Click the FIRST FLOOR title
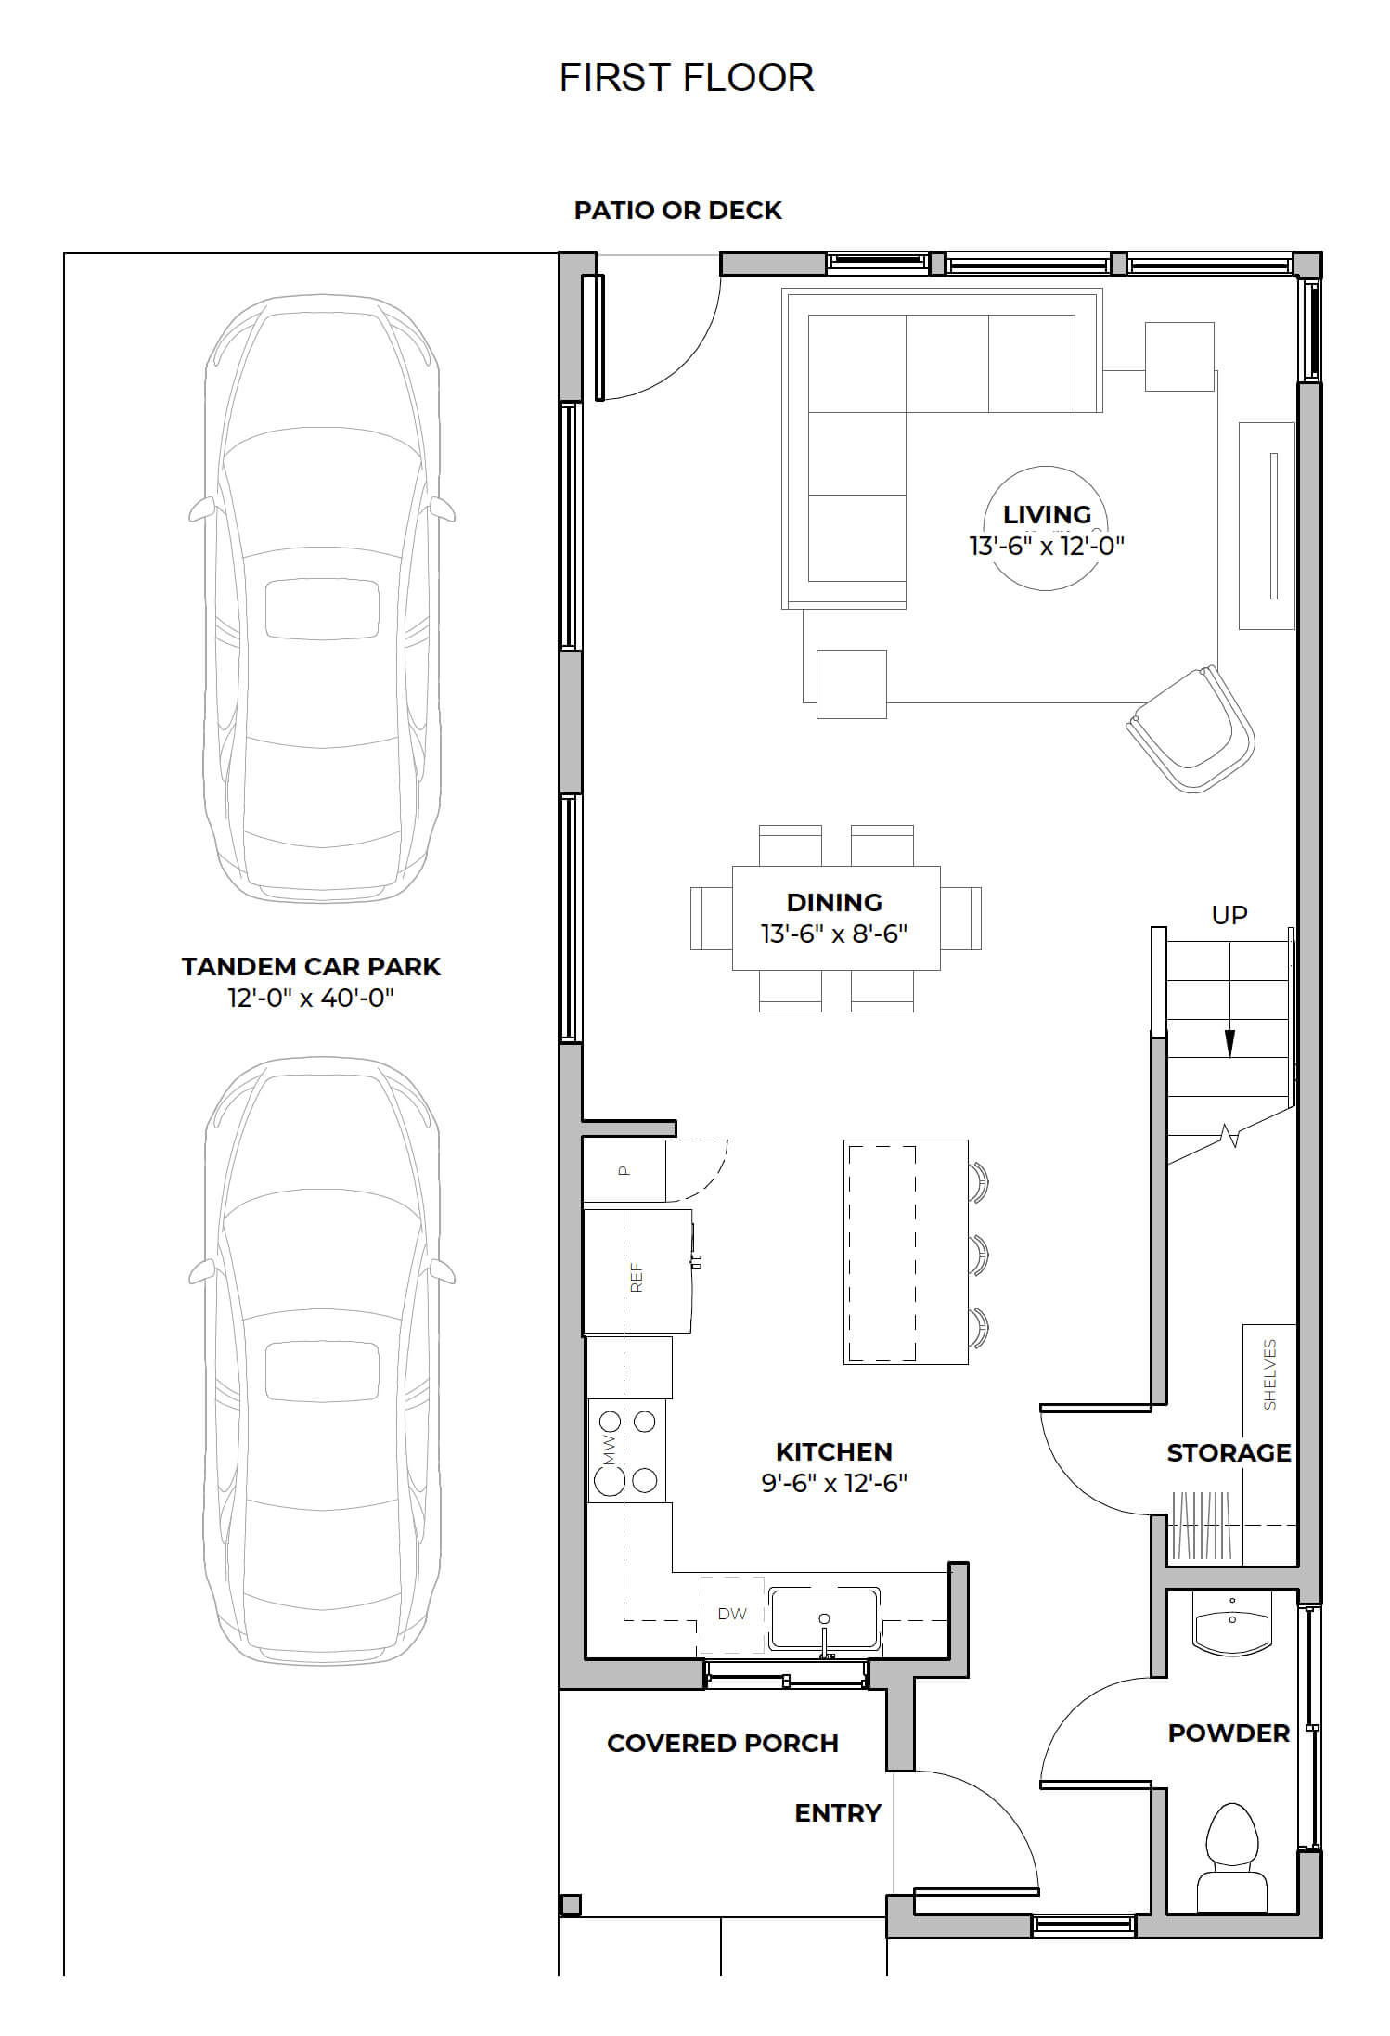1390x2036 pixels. [x=687, y=78]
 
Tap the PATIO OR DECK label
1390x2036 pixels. [x=677, y=211]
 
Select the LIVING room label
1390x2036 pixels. [x=1047, y=514]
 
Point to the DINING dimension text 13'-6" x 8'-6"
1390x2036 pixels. [x=834, y=934]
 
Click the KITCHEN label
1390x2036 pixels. [x=834, y=1451]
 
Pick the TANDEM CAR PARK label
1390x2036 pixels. [x=311, y=967]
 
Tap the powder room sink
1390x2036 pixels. [x=1231, y=1625]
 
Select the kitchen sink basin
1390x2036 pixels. [x=824, y=1619]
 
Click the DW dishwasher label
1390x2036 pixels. [x=732, y=1614]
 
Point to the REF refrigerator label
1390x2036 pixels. [x=637, y=1278]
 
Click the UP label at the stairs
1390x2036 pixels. [x=1229, y=915]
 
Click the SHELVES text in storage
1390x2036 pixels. [x=1269, y=1374]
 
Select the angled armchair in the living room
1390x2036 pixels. [x=1191, y=728]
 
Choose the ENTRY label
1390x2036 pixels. [x=838, y=1812]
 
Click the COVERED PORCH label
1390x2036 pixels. [x=723, y=1743]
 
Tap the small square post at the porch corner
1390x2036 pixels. [x=570, y=1904]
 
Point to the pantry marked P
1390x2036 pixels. [x=624, y=1170]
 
